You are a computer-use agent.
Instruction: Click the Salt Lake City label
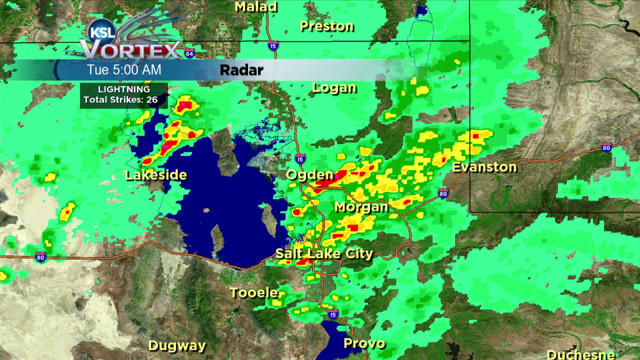click(x=324, y=254)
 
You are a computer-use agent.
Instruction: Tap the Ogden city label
click(x=309, y=175)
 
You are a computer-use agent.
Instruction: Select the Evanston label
click(x=484, y=167)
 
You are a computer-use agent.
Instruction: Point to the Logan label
click(x=334, y=88)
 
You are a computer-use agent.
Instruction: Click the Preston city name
click(x=326, y=26)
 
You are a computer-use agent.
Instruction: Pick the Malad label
click(x=255, y=6)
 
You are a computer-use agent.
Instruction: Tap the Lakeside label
click(x=155, y=175)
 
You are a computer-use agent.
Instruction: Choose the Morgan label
click(x=361, y=207)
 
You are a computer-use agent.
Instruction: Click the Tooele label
click(x=253, y=292)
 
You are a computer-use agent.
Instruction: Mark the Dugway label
click(x=177, y=345)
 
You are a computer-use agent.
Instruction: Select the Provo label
click(x=364, y=343)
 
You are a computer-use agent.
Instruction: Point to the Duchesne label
click(x=580, y=354)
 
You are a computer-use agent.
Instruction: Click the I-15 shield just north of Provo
click(x=333, y=313)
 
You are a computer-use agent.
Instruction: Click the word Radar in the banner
click(x=241, y=70)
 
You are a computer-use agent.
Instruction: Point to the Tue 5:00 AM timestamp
click(x=124, y=70)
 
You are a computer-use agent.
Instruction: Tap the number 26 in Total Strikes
click(x=152, y=99)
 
